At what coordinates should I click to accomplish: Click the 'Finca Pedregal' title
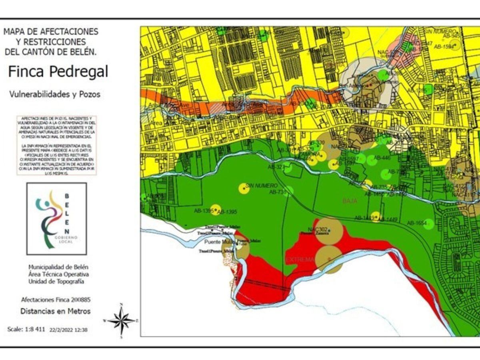click(58, 72)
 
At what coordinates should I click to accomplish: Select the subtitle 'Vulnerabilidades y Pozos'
click(54, 94)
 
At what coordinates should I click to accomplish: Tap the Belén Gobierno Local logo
click(56, 219)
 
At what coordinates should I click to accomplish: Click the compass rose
click(122, 320)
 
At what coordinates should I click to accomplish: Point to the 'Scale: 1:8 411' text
click(26, 329)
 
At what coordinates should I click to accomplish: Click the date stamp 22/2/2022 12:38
click(68, 330)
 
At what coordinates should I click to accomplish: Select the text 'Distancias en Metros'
click(56, 311)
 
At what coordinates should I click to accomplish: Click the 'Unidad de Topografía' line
click(56, 282)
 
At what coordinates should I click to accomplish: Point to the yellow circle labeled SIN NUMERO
click(244, 188)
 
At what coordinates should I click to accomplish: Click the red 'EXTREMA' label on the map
click(300, 260)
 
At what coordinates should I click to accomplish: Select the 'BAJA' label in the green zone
click(350, 201)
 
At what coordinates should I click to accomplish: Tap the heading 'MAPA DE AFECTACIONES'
click(51, 31)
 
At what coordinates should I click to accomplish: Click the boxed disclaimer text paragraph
click(56, 146)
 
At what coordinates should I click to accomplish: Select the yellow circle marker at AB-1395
click(215, 209)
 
